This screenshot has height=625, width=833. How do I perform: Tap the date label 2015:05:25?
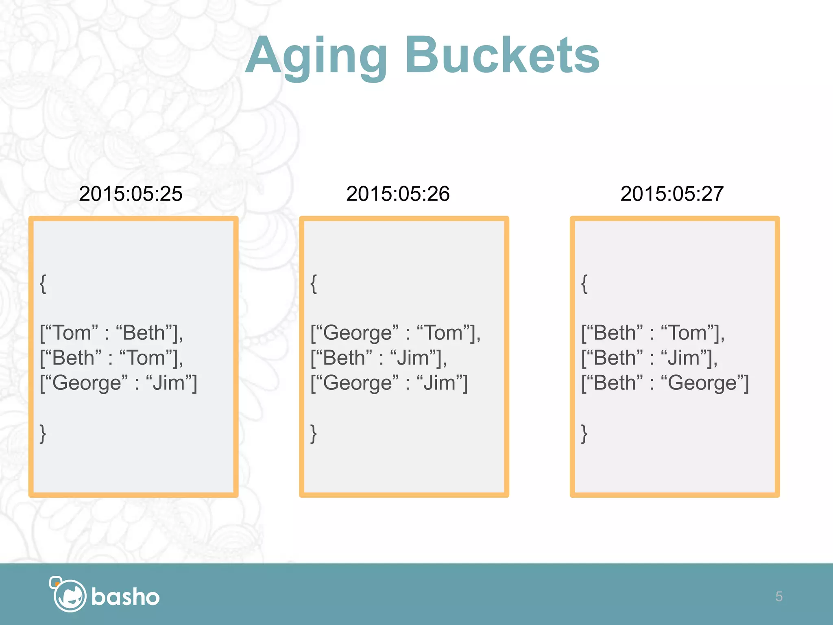[x=131, y=194]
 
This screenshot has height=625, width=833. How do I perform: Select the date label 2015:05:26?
[x=398, y=194]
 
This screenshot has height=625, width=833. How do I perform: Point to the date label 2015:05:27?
[x=672, y=194]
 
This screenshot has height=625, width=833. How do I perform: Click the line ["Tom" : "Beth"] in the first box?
[x=111, y=333]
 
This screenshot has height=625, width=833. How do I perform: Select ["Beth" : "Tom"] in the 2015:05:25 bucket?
[x=111, y=358]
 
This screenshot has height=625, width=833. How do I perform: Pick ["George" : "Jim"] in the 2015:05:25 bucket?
[x=118, y=383]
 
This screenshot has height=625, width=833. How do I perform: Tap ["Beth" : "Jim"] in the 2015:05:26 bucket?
[x=379, y=358]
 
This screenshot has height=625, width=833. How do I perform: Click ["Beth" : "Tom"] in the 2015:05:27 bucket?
[x=653, y=333]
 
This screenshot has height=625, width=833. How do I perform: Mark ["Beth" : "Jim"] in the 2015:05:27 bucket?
[x=650, y=358]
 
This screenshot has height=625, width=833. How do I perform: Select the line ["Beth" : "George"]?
[x=665, y=383]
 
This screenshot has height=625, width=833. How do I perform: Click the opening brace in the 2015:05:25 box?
[x=43, y=284]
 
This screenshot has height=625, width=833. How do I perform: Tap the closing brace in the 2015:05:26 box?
[x=314, y=433]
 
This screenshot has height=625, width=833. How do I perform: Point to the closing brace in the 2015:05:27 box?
[x=584, y=433]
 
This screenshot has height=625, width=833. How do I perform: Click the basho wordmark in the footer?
[x=125, y=597]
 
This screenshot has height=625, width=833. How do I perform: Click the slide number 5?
[x=778, y=597]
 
